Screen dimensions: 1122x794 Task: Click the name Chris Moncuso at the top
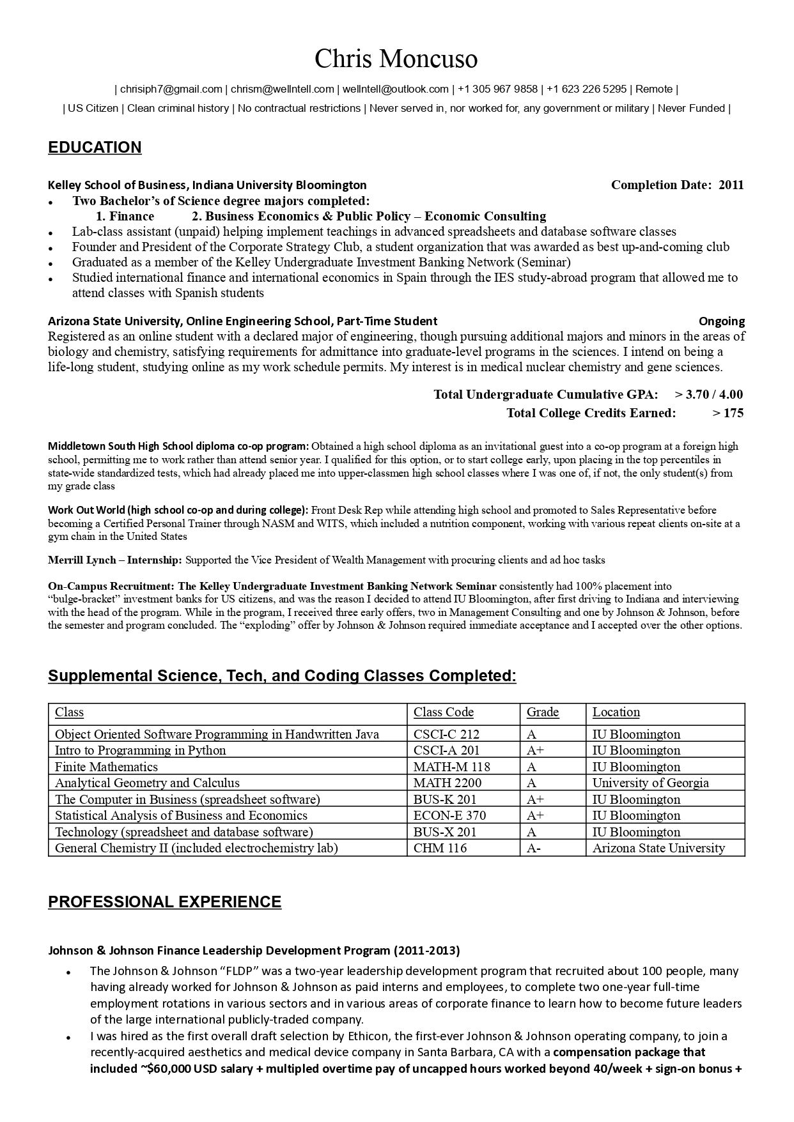396,59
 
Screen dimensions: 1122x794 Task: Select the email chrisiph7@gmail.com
171,89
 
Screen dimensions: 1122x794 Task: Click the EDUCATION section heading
95,148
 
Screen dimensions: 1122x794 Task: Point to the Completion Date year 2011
731,185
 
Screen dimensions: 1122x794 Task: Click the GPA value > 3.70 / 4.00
708,394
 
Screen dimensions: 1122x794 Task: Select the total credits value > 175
728,413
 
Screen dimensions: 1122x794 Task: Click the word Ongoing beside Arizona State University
721,321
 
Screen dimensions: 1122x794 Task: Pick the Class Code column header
443,712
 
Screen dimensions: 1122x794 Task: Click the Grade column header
542,712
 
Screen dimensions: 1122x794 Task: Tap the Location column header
616,712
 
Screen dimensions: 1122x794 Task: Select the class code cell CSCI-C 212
446,735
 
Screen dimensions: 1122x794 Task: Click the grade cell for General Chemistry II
533,849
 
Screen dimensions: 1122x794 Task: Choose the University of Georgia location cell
650,783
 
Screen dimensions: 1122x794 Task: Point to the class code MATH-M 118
451,767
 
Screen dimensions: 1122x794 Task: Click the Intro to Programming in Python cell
140,751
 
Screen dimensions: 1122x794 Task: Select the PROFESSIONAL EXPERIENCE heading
164,902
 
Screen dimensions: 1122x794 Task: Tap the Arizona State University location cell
658,849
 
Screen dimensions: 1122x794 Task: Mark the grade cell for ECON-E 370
535,816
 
